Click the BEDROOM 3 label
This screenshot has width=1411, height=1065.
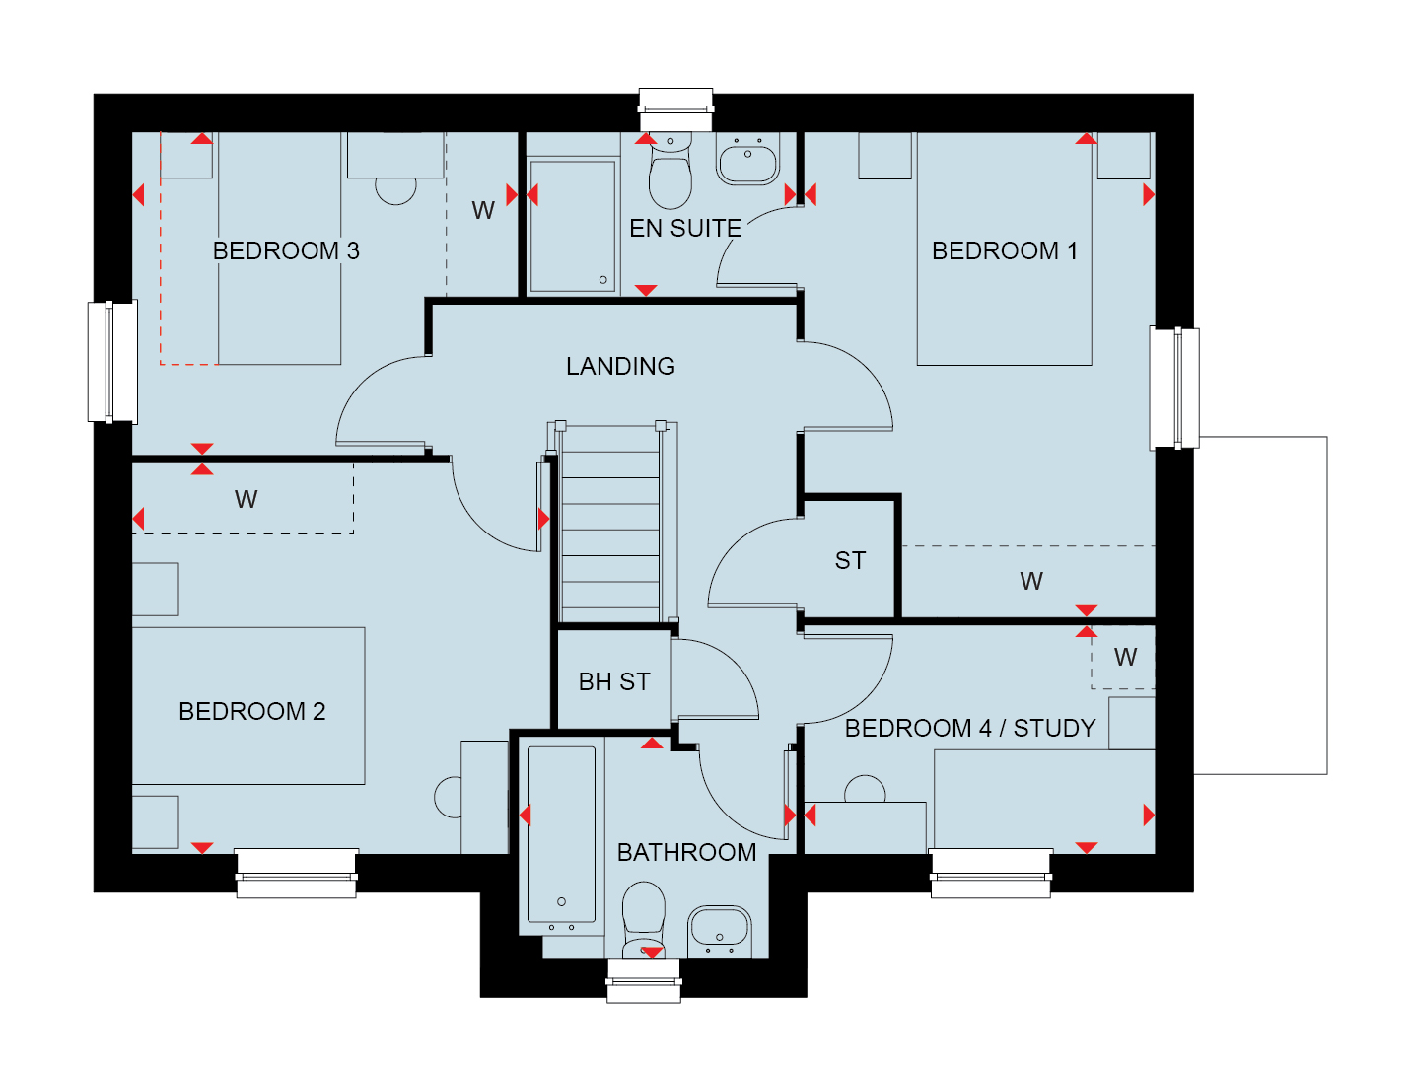pyautogui.click(x=286, y=250)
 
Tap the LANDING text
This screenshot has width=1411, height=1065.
pyautogui.click(x=620, y=367)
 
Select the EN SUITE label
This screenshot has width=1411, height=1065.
pyautogui.click(x=685, y=228)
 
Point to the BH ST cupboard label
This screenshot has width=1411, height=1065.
pyautogui.click(x=614, y=682)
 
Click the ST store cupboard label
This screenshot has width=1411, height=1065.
pyautogui.click(x=850, y=560)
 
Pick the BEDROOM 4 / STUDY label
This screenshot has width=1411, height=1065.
pyautogui.click(x=970, y=728)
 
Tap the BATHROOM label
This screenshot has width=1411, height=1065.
pyautogui.click(x=686, y=852)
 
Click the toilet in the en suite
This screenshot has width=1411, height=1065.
pyautogui.click(x=670, y=171)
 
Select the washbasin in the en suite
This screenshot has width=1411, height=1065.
pyautogui.click(x=747, y=159)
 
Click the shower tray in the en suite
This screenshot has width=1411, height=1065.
pyautogui.click(x=572, y=226)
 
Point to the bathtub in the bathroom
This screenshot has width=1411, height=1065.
pyautogui.click(x=561, y=836)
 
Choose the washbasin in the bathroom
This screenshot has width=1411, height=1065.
pyautogui.click(x=720, y=932)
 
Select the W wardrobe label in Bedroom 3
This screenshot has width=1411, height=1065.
pyautogui.click(x=483, y=210)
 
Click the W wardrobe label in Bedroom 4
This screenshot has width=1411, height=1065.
pyautogui.click(x=1125, y=657)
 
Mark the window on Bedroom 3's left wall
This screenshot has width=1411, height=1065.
pyautogui.click(x=112, y=362)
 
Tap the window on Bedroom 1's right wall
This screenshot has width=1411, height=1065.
pyautogui.click(x=1173, y=388)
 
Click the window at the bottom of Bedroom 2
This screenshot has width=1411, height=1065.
pyautogui.click(x=296, y=873)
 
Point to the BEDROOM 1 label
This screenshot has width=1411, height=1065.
pyautogui.click(x=1005, y=250)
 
